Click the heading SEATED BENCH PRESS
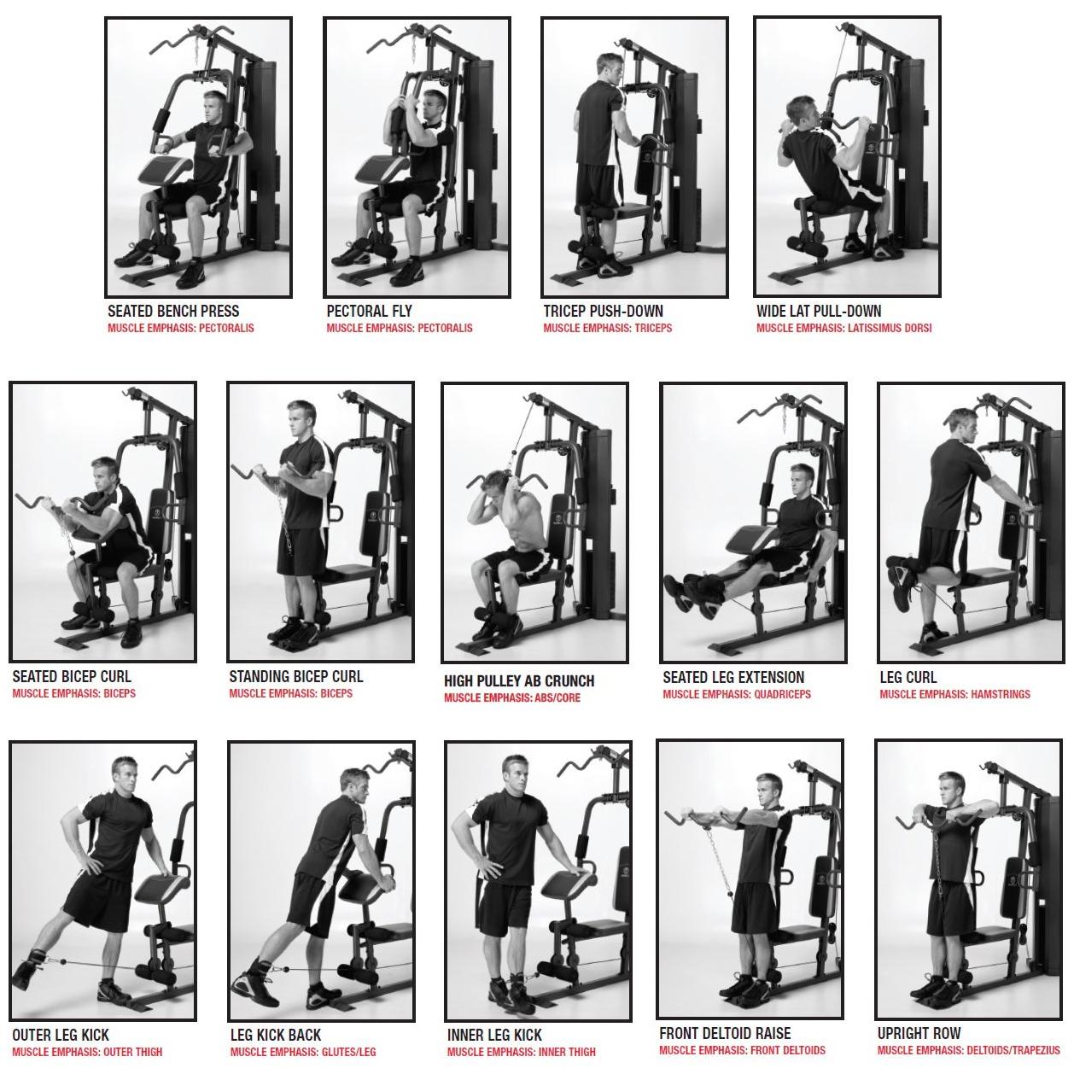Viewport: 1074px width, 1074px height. (x=173, y=311)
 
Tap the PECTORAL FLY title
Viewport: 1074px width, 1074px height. (x=369, y=311)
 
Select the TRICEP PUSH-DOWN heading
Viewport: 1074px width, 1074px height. (x=604, y=311)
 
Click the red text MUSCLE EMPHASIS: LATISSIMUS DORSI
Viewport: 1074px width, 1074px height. (x=843, y=329)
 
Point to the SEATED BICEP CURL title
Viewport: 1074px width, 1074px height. (x=72, y=677)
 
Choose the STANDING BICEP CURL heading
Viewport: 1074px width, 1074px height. (x=296, y=677)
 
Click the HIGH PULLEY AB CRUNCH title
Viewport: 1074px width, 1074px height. (x=519, y=681)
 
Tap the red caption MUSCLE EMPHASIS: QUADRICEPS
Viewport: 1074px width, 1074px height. (x=737, y=694)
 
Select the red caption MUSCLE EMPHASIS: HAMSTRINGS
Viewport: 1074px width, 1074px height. (x=954, y=694)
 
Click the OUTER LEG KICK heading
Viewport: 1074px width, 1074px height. (x=61, y=1035)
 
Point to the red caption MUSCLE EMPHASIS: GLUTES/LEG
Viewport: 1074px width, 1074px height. (x=303, y=1053)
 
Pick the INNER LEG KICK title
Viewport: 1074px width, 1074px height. (x=494, y=1035)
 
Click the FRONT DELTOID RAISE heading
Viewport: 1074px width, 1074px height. (x=725, y=1033)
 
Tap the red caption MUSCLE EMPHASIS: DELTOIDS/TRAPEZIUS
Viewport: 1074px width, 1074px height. (x=969, y=1051)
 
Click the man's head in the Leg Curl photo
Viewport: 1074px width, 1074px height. (x=963, y=426)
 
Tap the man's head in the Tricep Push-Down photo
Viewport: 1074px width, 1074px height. (x=610, y=68)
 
